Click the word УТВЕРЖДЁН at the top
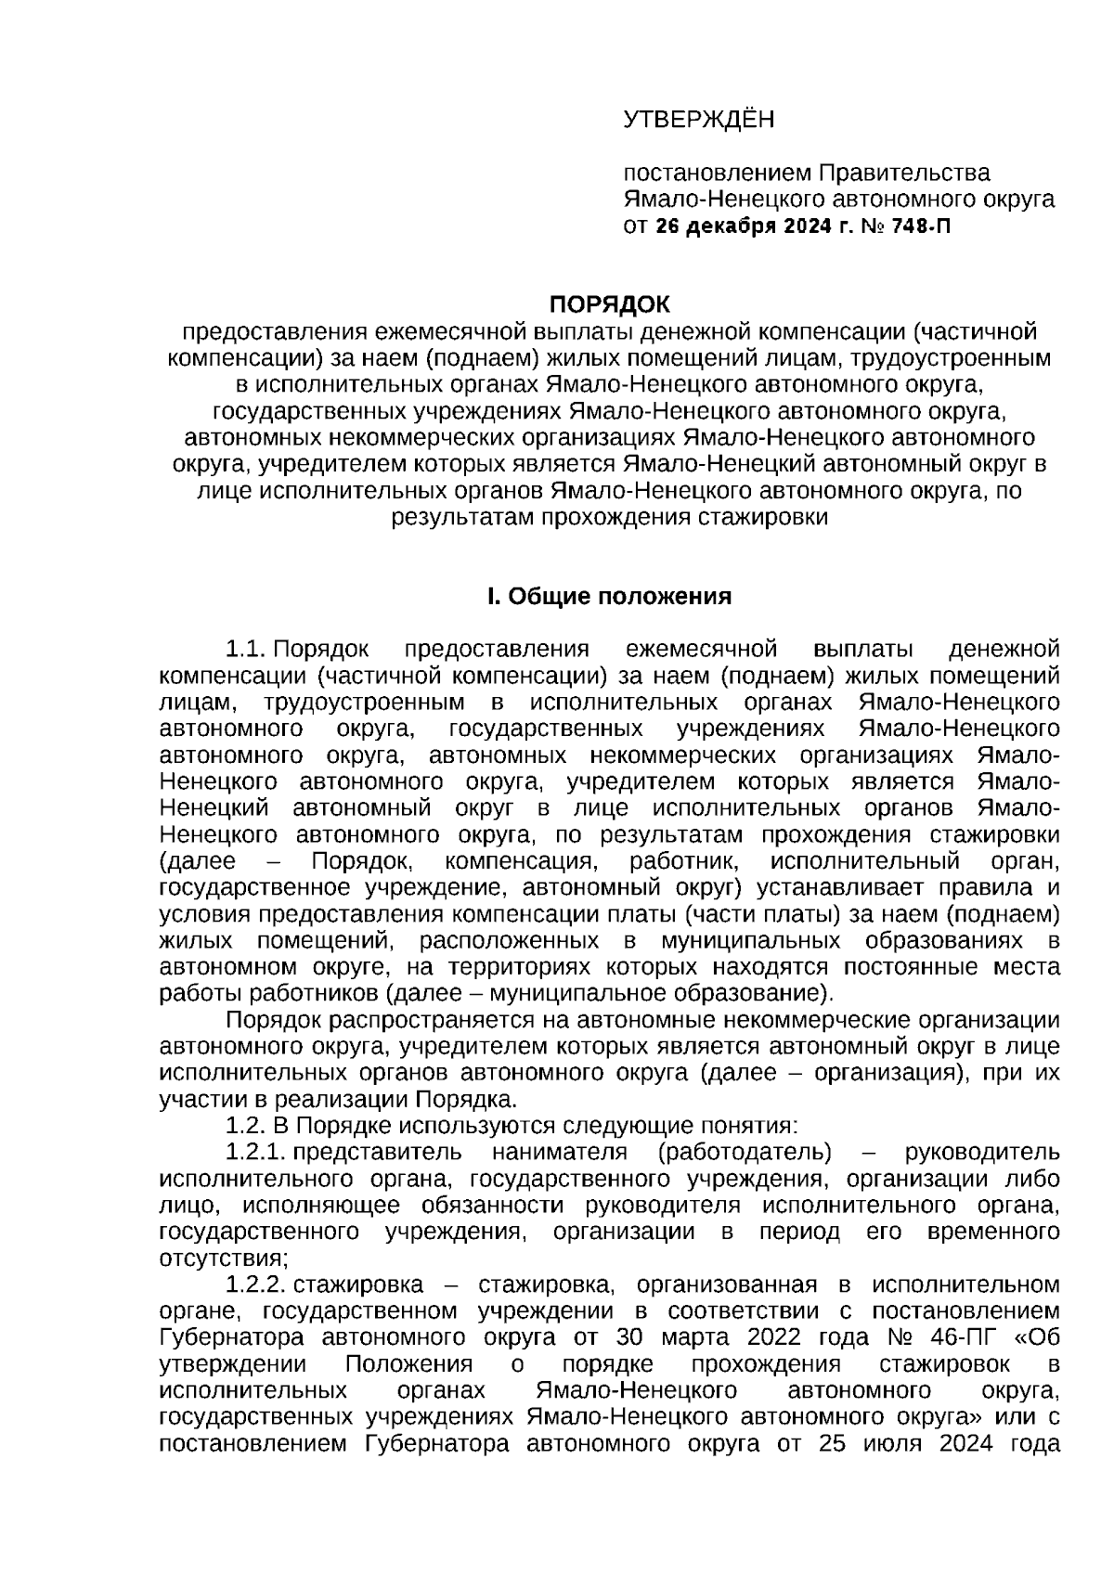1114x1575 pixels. pos(697,120)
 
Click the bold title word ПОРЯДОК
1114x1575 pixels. pos(609,304)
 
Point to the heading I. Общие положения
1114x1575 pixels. pos(609,596)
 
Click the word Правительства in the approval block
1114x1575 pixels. pos(903,173)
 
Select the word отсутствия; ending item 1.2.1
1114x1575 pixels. pos(224,1259)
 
